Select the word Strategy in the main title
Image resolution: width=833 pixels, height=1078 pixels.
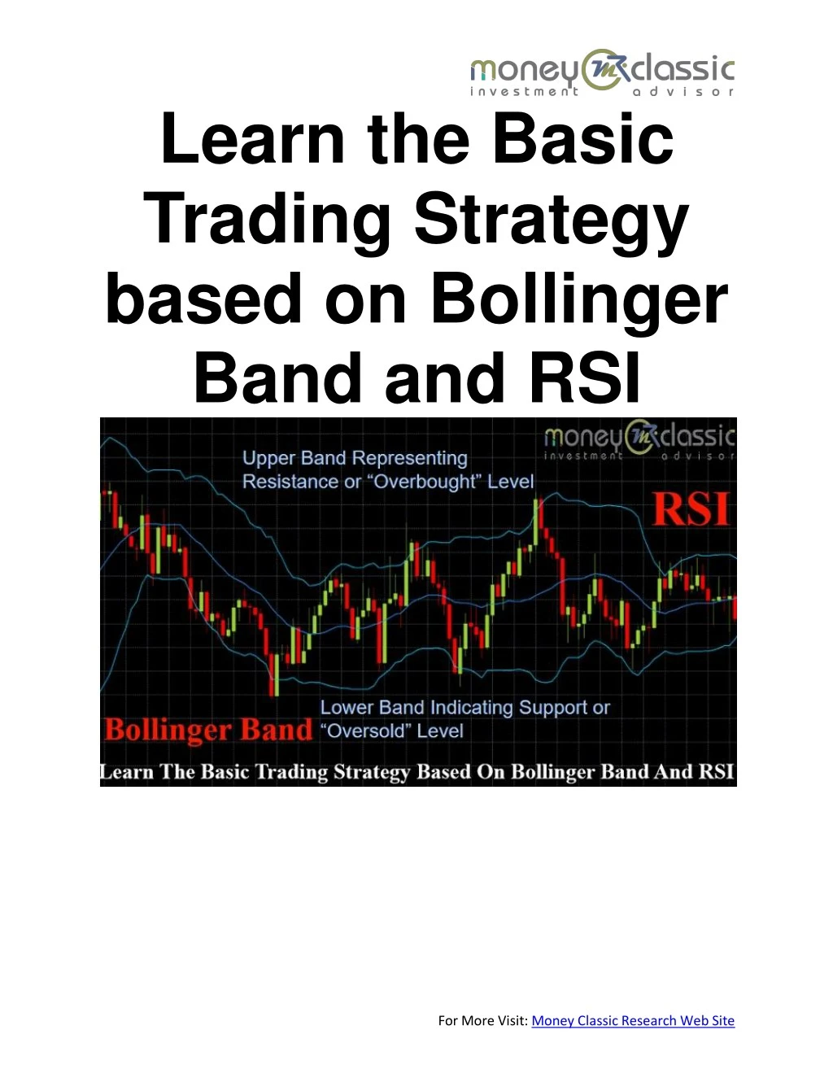[552, 220]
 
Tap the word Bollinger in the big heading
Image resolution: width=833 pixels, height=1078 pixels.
[578, 299]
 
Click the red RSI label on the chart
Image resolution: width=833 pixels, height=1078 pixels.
[691, 510]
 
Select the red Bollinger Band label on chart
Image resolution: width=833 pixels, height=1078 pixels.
[208, 730]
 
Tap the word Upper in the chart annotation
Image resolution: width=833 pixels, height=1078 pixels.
[269, 459]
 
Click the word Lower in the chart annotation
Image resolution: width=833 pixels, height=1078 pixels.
[347, 708]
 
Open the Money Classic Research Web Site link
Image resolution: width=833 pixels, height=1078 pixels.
[633, 1021]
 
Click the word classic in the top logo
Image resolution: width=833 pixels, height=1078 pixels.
[683, 70]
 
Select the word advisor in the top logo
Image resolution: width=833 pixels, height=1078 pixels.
[683, 92]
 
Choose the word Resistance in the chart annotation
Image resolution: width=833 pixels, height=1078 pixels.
[290, 482]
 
